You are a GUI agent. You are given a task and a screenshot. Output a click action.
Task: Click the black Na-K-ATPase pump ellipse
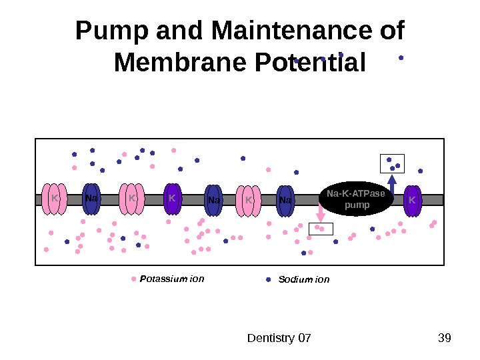tap(357, 199)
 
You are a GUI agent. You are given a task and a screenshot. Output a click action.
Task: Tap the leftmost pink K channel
tap(54, 199)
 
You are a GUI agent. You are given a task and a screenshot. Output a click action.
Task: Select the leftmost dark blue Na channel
tap(91, 199)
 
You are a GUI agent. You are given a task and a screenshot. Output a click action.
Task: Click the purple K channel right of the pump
tap(413, 200)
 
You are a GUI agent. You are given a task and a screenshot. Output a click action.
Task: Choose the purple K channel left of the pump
tap(172, 199)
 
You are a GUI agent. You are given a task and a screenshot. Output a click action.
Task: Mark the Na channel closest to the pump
tap(285, 201)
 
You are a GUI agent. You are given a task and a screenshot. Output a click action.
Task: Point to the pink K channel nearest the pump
tap(248, 201)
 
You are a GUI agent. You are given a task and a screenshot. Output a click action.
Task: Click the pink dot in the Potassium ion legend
tap(134, 279)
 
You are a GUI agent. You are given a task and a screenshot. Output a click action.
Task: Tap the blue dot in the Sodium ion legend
tap(268, 280)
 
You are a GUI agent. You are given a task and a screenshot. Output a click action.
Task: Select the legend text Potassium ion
tap(172, 279)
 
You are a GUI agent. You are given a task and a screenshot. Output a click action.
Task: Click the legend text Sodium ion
tap(304, 280)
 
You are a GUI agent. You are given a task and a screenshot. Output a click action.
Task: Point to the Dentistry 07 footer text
tap(279, 339)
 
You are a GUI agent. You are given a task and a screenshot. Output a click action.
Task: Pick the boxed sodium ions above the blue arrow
tap(393, 163)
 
